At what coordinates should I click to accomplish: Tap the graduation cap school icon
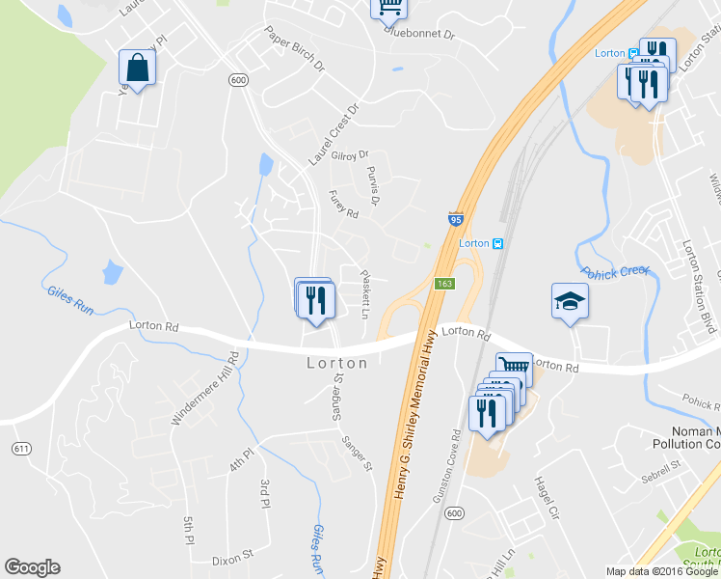(569, 302)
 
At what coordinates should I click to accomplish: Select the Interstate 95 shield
(455, 220)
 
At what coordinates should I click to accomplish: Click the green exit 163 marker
(444, 284)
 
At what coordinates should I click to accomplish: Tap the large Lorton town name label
(337, 364)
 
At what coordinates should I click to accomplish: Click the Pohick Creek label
(614, 271)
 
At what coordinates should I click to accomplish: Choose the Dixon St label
(232, 556)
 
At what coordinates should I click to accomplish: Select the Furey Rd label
(343, 204)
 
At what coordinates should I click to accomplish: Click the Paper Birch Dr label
(295, 48)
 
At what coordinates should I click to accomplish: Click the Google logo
(32, 567)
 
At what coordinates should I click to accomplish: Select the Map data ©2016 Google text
(662, 571)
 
